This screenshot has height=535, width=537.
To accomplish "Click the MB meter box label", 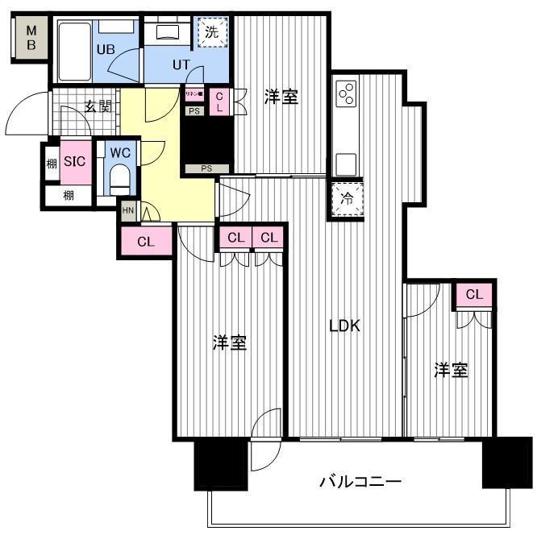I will tap(31, 38).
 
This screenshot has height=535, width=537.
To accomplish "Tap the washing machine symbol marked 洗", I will tap(211, 34).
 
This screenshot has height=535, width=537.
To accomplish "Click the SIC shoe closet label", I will tap(75, 161).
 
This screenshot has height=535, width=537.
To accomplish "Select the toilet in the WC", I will tap(119, 176).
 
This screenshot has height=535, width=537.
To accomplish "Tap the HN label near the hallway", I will tap(128, 210).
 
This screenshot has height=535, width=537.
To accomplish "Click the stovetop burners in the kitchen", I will tap(348, 93).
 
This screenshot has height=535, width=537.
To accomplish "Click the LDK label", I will tap(344, 326).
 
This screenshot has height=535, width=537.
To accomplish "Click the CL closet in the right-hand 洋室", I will tap(473, 295).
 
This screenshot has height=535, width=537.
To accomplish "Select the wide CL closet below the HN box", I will tap(146, 242).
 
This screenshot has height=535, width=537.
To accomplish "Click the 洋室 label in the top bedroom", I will tap(281, 97).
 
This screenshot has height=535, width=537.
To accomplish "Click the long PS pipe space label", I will tap(206, 169).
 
